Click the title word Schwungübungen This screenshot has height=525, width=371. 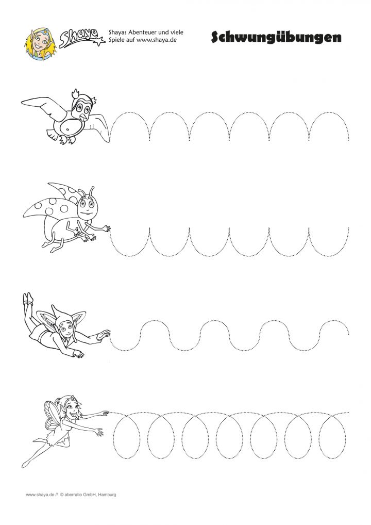(x=276, y=38)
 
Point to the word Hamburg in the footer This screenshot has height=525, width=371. (x=107, y=495)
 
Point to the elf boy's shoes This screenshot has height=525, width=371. (x=27, y=298)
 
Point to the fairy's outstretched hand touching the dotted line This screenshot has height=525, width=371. (x=105, y=413)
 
